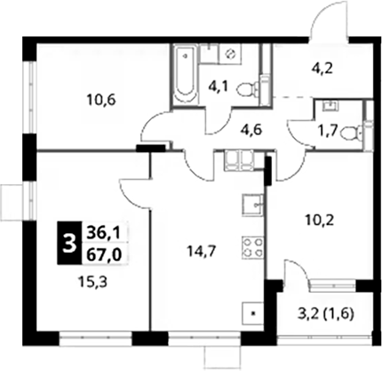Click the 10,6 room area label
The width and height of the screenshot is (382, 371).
[x=101, y=101]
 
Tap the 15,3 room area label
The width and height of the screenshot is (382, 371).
[x=93, y=282]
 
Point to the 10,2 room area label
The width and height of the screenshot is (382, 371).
[x=320, y=221]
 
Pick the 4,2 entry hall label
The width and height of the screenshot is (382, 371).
[x=322, y=69]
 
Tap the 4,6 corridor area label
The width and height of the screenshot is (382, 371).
[x=251, y=130]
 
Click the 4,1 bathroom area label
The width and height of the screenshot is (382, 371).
[x=218, y=88]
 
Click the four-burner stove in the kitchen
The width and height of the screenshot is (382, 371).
[x=253, y=247]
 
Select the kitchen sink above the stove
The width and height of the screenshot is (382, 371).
[x=253, y=206]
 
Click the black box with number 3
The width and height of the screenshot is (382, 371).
[x=69, y=243]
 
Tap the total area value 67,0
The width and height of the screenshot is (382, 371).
[x=104, y=254]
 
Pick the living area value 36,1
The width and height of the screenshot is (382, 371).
[x=103, y=232]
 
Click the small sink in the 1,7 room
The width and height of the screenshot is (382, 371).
[x=329, y=106]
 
